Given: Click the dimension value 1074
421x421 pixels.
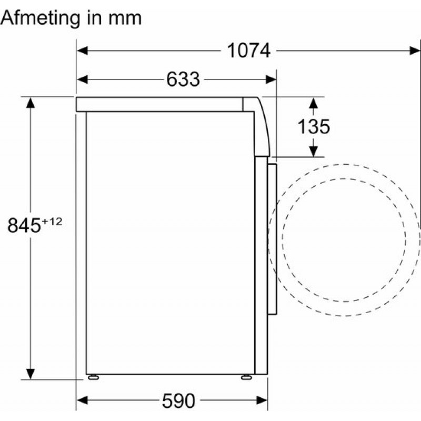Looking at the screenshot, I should [x=248, y=51].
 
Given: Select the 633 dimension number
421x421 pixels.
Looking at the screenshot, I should [x=183, y=79].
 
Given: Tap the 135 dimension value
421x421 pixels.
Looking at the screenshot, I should [x=314, y=127].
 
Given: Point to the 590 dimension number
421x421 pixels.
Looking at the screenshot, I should [x=178, y=401].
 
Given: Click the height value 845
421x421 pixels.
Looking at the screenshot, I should [x=24, y=226].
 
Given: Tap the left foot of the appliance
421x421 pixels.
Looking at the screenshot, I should [x=93, y=376].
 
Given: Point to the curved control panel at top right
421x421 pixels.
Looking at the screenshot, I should [x=261, y=126].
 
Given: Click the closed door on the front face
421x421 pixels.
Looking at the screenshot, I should [x=272, y=239].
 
